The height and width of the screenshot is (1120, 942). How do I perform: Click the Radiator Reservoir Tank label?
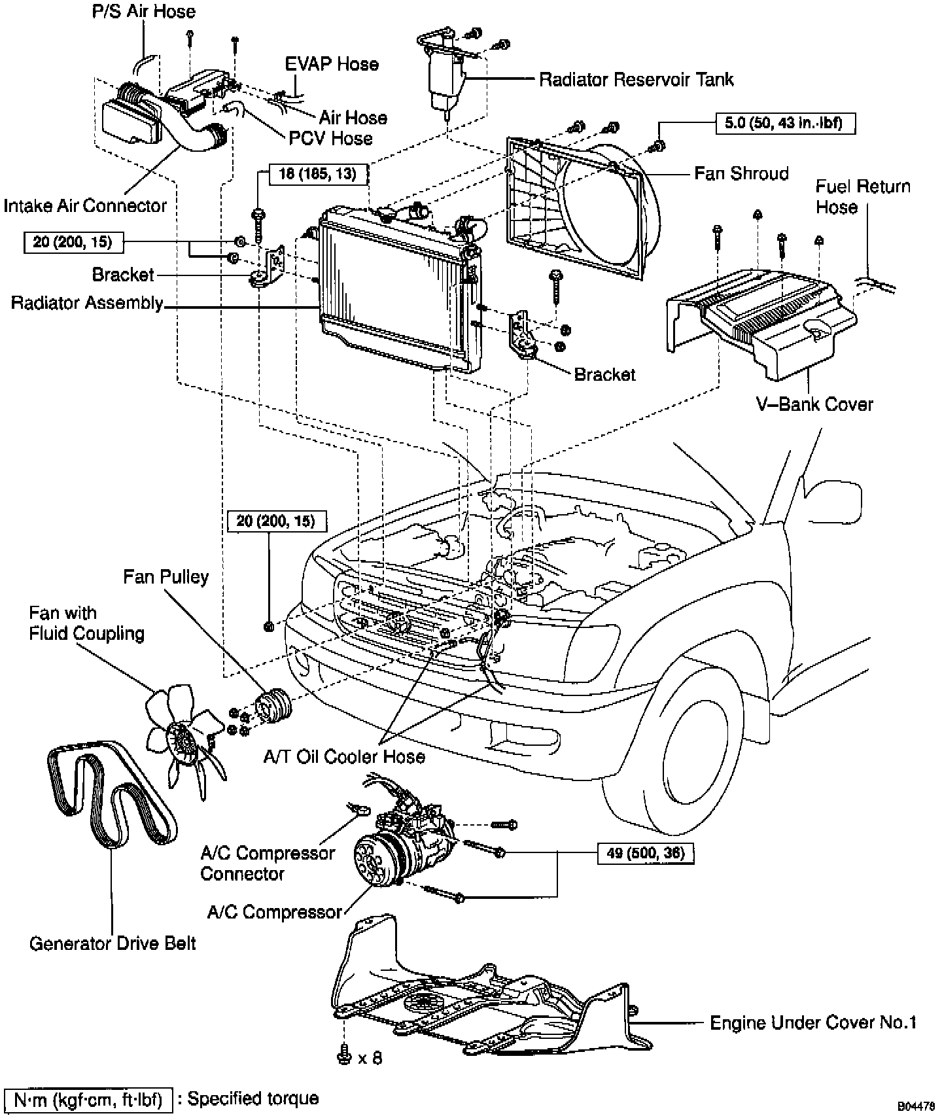point(636,80)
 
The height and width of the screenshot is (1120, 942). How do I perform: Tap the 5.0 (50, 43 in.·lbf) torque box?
point(783,123)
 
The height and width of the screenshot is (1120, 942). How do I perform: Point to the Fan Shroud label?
point(741,173)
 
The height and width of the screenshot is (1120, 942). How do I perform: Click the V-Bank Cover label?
point(814,404)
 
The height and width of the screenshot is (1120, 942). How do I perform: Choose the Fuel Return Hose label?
point(862,196)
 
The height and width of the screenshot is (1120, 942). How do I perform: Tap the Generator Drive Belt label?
point(113,943)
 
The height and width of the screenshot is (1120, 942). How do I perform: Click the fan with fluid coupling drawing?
point(183,733)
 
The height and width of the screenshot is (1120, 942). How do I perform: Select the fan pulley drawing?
point(273,707)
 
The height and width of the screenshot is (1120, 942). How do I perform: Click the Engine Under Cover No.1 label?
point(813,1023)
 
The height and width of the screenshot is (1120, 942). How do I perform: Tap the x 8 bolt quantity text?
point(370,1057)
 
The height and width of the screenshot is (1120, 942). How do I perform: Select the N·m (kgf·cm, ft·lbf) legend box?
point(88,1100)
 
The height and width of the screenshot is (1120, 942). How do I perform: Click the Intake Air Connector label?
point(85,205)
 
